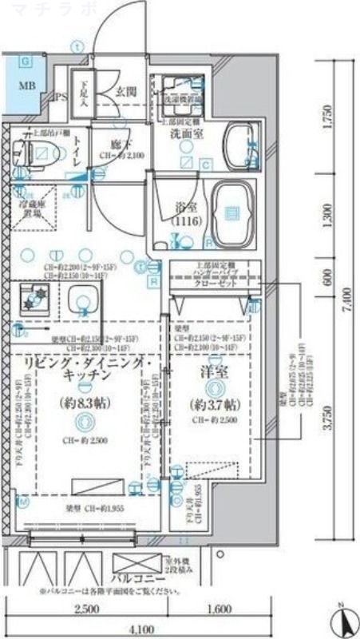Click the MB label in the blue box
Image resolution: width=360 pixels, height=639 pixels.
coord(26,86)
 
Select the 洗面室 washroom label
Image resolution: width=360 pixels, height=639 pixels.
coord(182,135)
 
